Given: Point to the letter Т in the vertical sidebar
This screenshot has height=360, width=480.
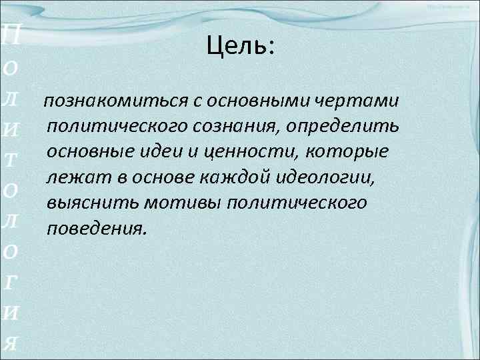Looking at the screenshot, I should pos(11,160).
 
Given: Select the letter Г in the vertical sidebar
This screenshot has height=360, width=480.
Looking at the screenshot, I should pos(11,280).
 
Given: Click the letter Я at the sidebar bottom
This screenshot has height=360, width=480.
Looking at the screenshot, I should pos(11,341).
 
